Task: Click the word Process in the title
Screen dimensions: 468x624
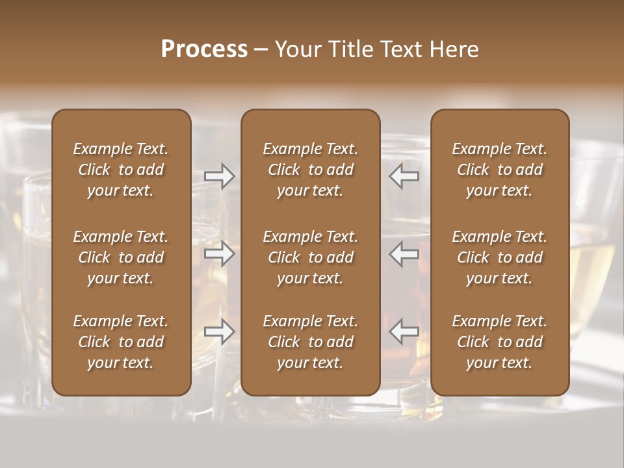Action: [204, 49]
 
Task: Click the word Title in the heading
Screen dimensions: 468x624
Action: [349, 49]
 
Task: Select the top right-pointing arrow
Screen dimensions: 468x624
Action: [220, 176]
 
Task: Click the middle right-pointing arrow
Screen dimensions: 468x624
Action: [220, 253]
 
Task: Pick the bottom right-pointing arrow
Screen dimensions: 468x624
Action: [220, 331]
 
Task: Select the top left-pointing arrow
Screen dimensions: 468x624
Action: [404, 176]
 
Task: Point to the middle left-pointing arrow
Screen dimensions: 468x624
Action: [404, 253]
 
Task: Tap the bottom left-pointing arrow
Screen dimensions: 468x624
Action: [404, 331]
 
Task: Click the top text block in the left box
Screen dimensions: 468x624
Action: [121, 170]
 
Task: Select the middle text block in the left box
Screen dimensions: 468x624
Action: [121, 257]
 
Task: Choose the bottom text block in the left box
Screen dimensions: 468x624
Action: [121, 342]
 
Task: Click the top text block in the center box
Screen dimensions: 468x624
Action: [311, 170]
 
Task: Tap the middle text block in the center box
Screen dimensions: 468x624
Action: [311, 257]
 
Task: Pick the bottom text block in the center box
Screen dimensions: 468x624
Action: [311, 342]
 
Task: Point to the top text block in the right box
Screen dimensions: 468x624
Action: [500, 170]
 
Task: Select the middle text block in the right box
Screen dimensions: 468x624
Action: [500, 257]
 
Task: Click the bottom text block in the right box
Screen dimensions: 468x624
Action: [500, 342]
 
